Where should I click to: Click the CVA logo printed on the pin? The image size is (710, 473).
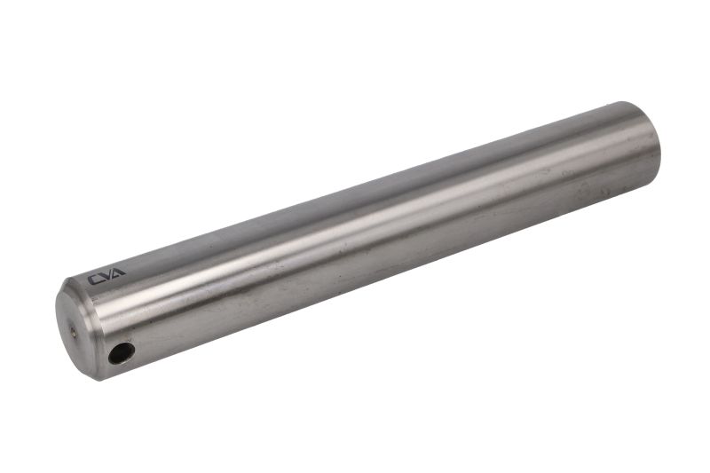pyautogui.click(x=106, y=277)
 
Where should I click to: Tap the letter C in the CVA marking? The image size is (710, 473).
pyautogui.click(x=94, y=280)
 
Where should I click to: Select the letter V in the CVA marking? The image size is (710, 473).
pyautogui.click(x=106, y=277)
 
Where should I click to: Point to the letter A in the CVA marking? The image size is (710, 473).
pyautogui.click(x=118, y=273)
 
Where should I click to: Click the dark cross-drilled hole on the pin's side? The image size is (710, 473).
pyautogui.click(x=122, y=353)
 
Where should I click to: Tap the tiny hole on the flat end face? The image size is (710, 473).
pyautogui.click(x=74, y=332)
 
